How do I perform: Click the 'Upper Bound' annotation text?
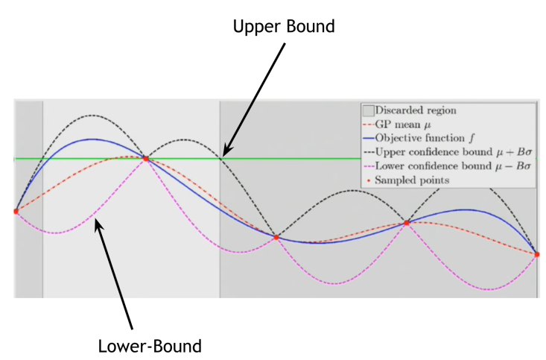[x=284, y=27]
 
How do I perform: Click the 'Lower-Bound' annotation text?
[x=150, y=346]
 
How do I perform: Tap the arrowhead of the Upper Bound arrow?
[x=224, y=154]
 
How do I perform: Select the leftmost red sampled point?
[x=16, y=211]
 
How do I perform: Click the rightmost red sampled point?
[x=536, y=254]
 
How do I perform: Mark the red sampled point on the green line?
[x=146, y=158]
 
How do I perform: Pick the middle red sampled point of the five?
[x=276, y=237]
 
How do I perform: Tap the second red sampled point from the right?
[x=407, y=222]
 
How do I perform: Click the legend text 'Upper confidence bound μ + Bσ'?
[x=454, y=152]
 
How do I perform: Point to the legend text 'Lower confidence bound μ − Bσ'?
[x=454, y=166]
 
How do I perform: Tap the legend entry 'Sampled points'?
[x=413, y=180]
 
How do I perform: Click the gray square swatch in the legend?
[x=367, y=110]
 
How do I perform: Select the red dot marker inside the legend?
[x=367, y=180]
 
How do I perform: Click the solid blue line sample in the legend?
[x=367, y=138]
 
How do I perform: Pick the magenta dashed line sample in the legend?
[x=367, y=166]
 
